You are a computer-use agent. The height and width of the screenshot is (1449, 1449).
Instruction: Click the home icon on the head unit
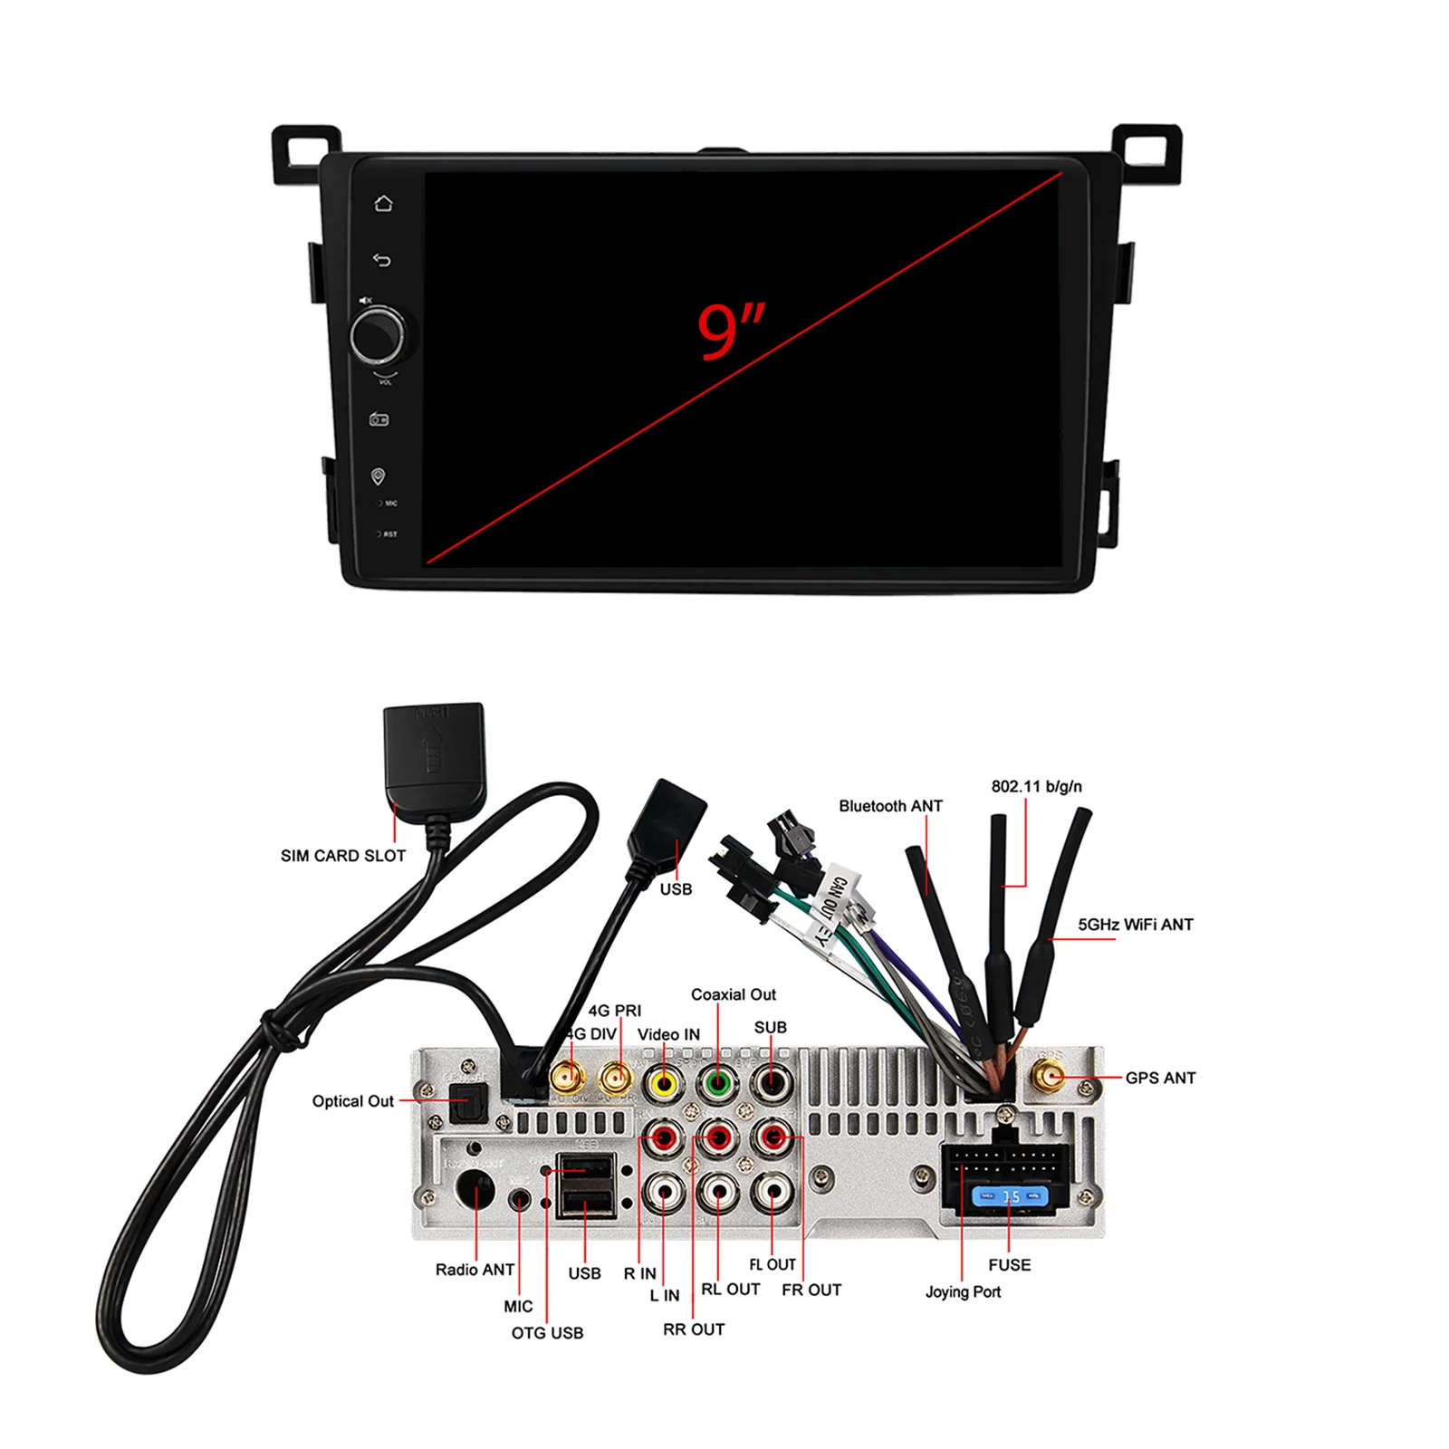pos(383,203)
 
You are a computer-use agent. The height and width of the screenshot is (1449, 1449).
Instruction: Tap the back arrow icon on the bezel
pos(382,261)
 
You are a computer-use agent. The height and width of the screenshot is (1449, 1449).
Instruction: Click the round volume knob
pos(377,335)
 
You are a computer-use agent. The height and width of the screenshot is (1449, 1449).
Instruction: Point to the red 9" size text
pos(730,331)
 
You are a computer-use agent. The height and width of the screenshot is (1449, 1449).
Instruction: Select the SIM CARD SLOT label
pos(342,856)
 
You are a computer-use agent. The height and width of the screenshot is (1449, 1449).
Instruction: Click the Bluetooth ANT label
pos(889,806)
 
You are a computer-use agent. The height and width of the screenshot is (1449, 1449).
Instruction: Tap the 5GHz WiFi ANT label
pos(1135,925)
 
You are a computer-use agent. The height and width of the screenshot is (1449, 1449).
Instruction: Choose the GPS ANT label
pos(1160,1078)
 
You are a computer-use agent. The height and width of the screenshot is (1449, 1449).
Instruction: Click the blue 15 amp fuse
pos(1010,1197)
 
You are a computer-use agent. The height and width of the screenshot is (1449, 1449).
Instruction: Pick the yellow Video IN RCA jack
pos(664,1082)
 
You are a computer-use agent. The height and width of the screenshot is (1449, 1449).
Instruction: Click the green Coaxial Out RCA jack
pos(717,1082)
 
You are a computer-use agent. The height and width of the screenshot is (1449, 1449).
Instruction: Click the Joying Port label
pos(963,1291)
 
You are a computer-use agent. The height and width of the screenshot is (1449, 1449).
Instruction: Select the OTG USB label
pos(547,1333)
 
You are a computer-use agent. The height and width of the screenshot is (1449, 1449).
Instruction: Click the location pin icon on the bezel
pos(379,476)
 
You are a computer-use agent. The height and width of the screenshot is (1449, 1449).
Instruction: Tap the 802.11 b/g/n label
pos(1036,786)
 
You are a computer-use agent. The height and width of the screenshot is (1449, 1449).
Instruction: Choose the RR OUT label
pos(694,1329)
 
